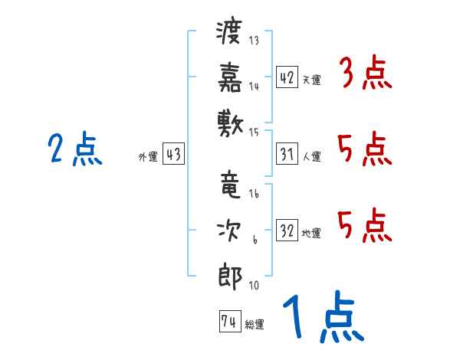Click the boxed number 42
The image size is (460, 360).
coord(287,77)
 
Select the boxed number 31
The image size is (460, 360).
coord(287,154)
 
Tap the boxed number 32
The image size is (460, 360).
coord(287,230)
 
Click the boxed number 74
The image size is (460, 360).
coord(229,322)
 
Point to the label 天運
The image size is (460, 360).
coord(311,80)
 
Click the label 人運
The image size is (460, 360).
coord(311,156)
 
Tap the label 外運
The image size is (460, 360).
coord(147,156)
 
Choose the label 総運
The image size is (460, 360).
coord(255,324)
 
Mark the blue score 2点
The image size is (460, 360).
coord(75,149)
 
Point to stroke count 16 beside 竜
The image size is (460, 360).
coord(254,195)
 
